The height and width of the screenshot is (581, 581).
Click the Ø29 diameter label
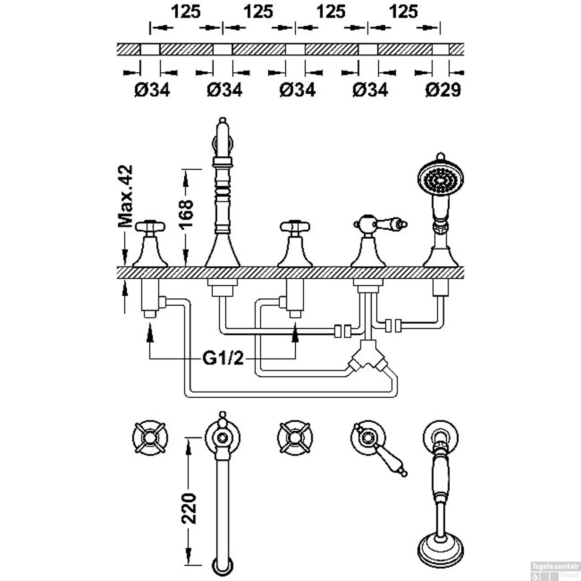pos(443,90)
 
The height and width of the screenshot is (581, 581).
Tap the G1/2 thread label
pos(223,358)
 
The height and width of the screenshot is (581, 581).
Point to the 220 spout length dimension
pos(189,508)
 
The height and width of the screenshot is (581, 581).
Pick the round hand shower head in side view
pos(441,179)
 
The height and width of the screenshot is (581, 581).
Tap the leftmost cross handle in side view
pos(150,226)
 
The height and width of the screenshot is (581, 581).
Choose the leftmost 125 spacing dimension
pos(186,12)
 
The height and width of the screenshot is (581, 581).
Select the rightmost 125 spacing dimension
pos(404,12)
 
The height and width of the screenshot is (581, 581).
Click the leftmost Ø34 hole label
pos(152,90)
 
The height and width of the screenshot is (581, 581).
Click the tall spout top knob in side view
pos(222,121)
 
